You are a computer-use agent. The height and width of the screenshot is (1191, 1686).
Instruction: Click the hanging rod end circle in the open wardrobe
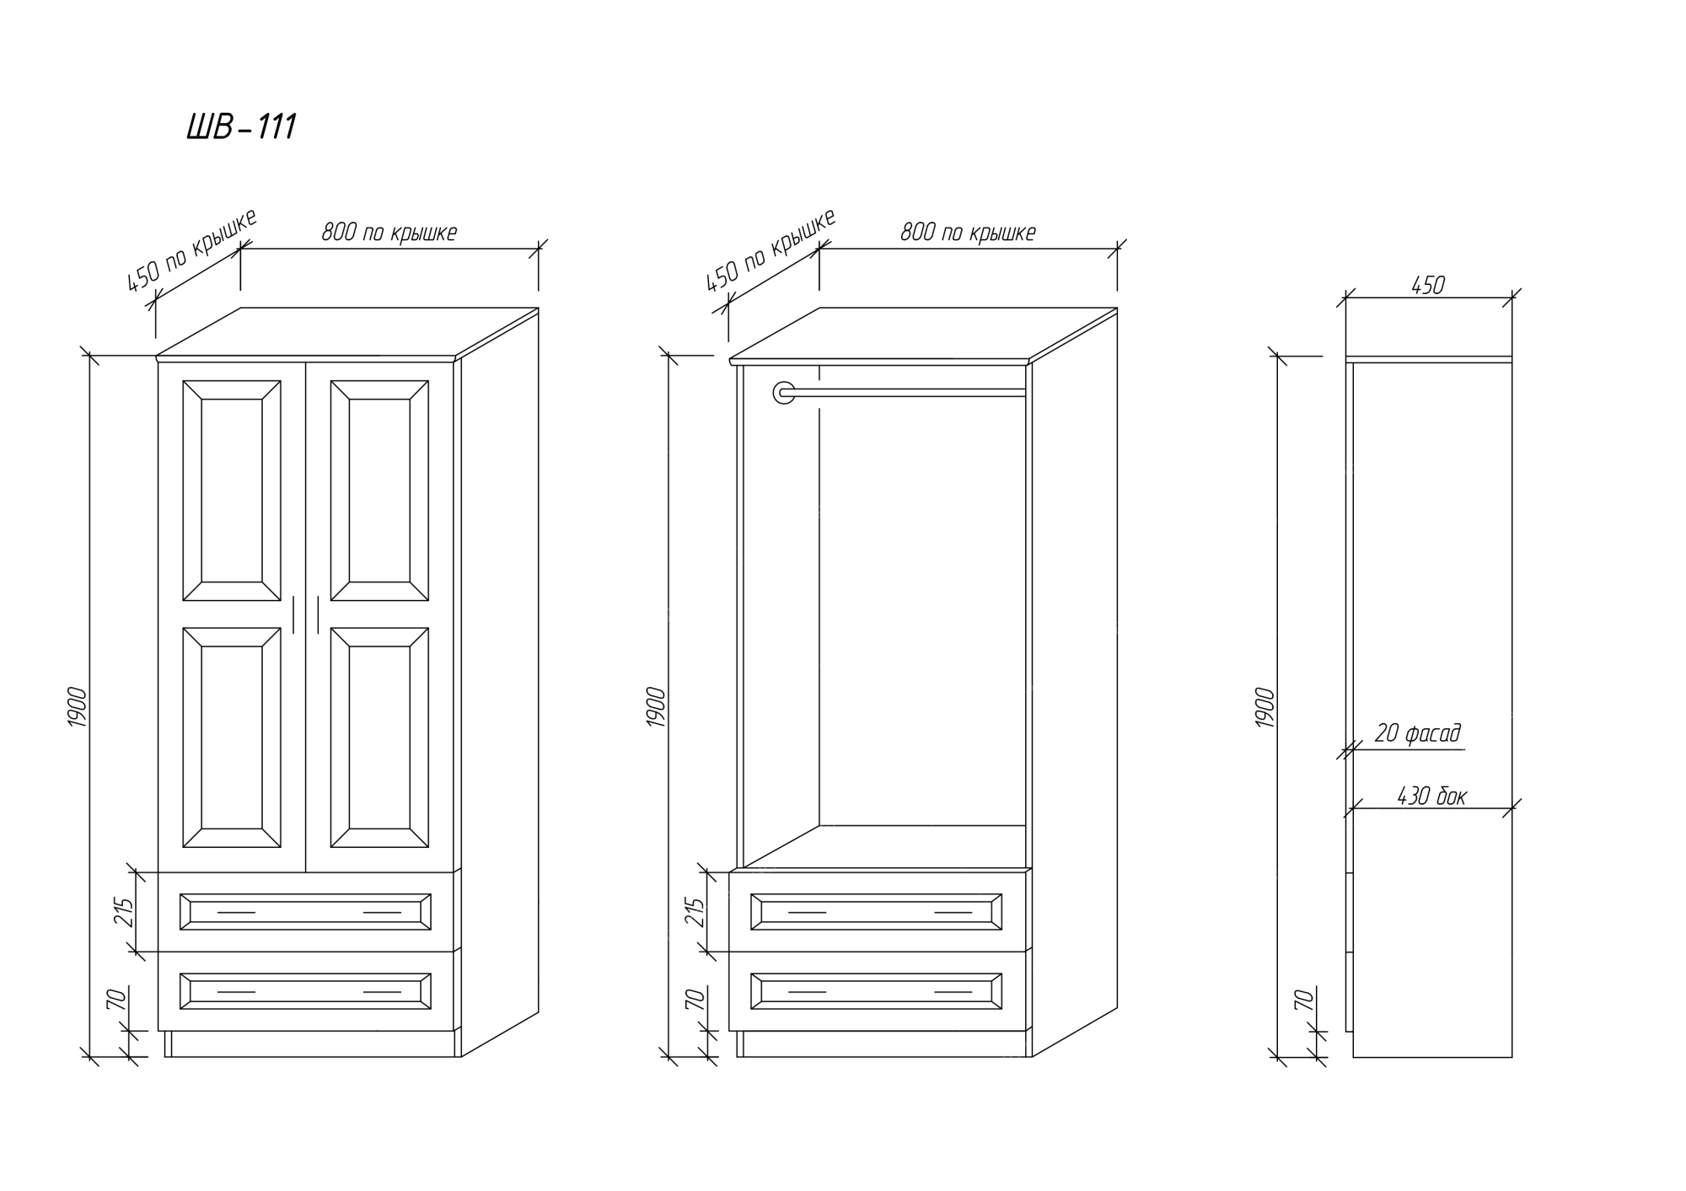[784, 392]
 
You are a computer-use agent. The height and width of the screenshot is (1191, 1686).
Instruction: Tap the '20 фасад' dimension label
[1417, 733]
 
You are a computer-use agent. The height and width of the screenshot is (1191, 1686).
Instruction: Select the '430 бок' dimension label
[1431, 796]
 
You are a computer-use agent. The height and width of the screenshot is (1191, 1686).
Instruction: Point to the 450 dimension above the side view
[1428, 286]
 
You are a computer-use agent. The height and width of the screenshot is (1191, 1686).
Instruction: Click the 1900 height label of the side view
[1265, 708]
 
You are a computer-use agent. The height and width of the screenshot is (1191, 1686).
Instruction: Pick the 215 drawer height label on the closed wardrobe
[124, 912]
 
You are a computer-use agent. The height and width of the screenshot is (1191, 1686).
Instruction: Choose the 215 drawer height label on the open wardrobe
[695, 912]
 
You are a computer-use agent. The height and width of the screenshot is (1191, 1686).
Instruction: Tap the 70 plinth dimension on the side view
[1303, 1001]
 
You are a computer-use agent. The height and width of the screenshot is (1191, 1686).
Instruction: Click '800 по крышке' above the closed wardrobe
[389, 233]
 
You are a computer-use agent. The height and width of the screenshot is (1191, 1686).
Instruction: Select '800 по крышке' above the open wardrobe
[968, 233]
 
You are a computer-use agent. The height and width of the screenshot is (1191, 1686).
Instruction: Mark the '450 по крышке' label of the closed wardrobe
[191, 250]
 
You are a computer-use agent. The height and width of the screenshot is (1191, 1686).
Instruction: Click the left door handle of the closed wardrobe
[294, 614]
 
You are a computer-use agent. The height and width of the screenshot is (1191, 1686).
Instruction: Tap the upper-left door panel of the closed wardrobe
[232, 491]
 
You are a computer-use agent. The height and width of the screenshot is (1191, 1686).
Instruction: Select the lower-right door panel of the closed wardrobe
[379, 738]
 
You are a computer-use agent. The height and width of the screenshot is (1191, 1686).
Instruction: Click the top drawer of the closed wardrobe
[305, 912]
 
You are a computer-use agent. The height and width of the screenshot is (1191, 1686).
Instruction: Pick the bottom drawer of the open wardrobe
[877, 991]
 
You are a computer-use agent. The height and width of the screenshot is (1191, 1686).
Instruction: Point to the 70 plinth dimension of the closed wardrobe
[116, 1001]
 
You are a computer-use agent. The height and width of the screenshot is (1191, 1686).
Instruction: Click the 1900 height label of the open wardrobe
[656, 708]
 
